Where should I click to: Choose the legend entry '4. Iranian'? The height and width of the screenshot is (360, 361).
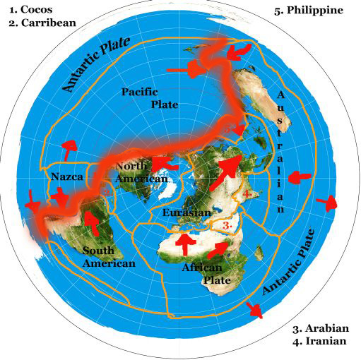[x=319, y=342]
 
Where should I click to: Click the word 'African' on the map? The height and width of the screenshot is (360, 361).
[x=202, y=268]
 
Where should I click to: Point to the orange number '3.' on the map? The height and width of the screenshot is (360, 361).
[x=227, y=224]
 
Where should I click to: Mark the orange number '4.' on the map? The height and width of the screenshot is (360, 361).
[x=247, y=193]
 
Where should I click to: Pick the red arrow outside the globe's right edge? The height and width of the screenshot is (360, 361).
[x=327, y=203]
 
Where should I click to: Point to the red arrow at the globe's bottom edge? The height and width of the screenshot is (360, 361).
[x=253, y=308]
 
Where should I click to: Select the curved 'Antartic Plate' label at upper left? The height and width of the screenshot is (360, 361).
[x=96, y=66]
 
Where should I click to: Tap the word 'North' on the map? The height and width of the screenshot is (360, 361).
[x=130, y=167]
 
